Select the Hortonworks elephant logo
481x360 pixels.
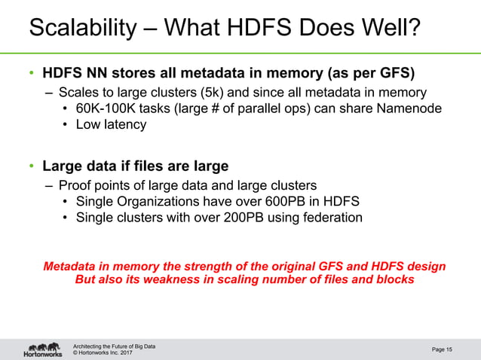point(42,349)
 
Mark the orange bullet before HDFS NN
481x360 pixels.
point(32,74)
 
